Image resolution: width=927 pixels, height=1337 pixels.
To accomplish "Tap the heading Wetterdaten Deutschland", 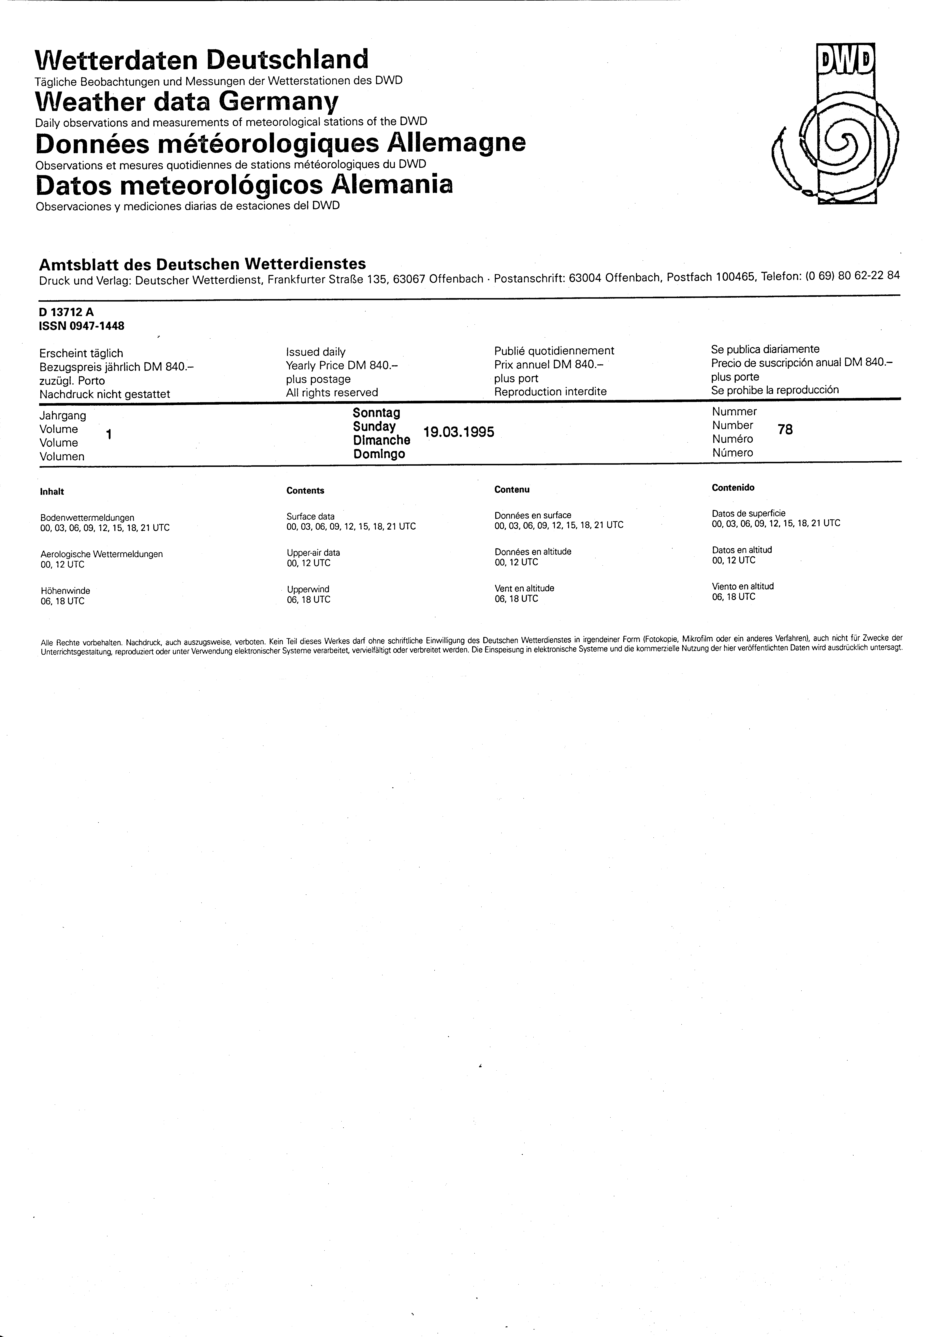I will (202, 59).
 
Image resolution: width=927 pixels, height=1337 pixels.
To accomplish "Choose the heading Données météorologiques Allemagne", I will (280, 143).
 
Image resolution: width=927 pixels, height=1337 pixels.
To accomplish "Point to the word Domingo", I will (379, 454).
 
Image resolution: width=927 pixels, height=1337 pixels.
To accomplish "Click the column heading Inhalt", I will (52, 492).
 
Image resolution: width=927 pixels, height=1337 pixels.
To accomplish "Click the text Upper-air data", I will (313, 553).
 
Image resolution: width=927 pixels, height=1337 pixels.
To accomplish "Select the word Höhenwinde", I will (65, 590).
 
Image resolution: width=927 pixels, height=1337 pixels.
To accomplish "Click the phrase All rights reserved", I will (332, 393).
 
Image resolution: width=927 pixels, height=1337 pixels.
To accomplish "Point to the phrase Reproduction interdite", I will (550, 392).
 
